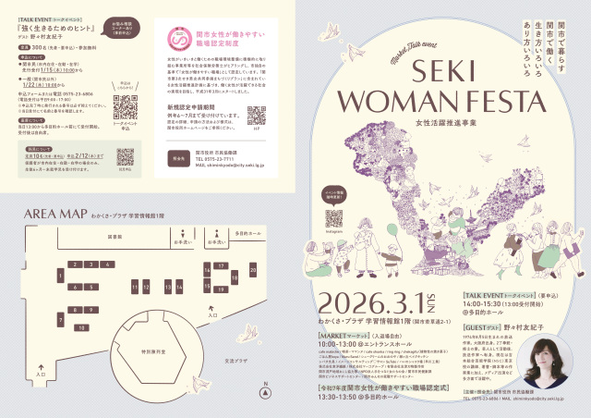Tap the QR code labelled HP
tap(257, 115)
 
